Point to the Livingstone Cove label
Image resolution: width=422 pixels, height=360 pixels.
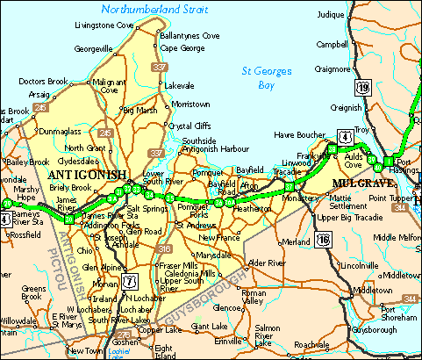[x=104, y=25]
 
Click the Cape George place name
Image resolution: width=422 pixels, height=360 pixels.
[x=181, y=48]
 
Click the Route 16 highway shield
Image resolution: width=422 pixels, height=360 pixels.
[x=325, y=239]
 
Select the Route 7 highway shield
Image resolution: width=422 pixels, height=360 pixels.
[x=131, y=282]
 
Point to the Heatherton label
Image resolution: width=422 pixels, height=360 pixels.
[x=251, y=209]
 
